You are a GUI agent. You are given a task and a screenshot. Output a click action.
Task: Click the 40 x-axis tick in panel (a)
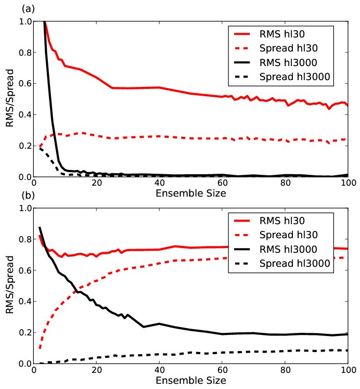[159, 184]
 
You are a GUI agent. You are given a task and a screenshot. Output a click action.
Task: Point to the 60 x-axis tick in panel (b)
[222, 371]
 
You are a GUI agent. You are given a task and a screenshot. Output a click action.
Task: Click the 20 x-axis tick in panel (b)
[97, 371]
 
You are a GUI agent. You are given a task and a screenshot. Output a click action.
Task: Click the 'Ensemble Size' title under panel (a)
[190, 193]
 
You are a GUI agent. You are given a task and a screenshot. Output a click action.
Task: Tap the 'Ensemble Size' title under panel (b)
[190, 380]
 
